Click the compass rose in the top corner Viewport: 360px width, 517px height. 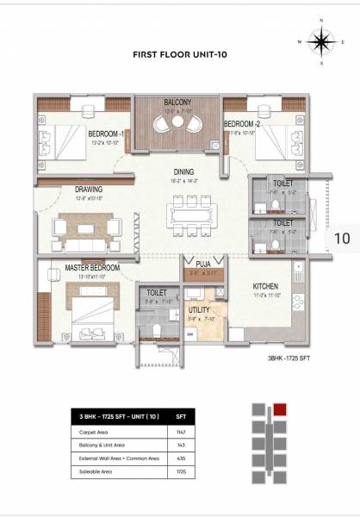(322, 41)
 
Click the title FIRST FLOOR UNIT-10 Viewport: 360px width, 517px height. (178, 53)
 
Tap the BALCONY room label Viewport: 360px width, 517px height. (179, 102)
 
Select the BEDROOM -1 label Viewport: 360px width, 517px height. (106, 134)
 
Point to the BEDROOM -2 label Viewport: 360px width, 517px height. (242, 124)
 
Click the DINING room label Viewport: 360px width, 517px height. (182, 171)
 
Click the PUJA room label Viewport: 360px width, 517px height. (203, 265)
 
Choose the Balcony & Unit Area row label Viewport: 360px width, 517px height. (108, 445)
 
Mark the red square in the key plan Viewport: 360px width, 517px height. (280, 408)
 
